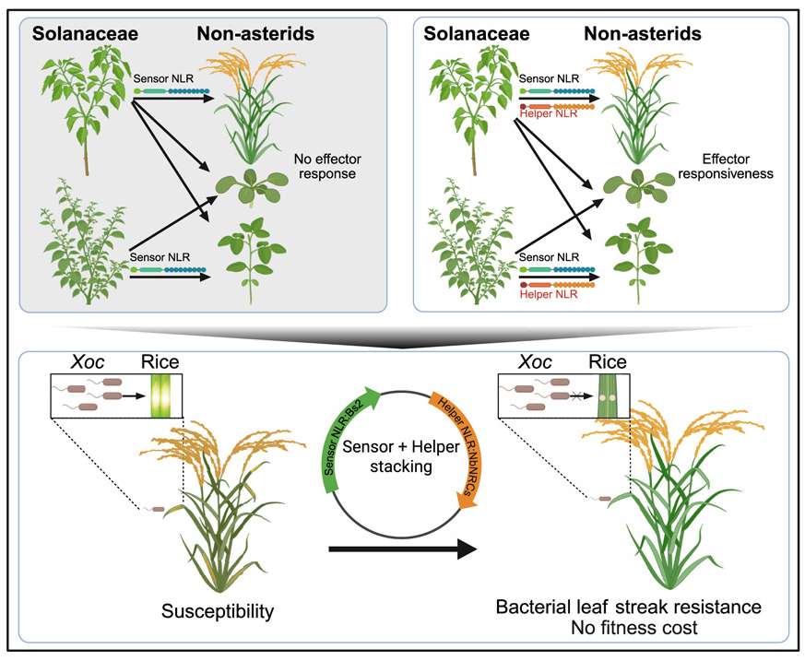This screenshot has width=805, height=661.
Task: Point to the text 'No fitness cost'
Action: (x=628, y=629)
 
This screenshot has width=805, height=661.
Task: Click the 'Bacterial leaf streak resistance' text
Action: (x=628, y=608)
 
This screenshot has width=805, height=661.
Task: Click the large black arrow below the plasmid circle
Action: (x=401, y=549)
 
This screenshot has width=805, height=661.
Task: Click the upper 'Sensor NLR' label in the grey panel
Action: (x=161, y=79)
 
